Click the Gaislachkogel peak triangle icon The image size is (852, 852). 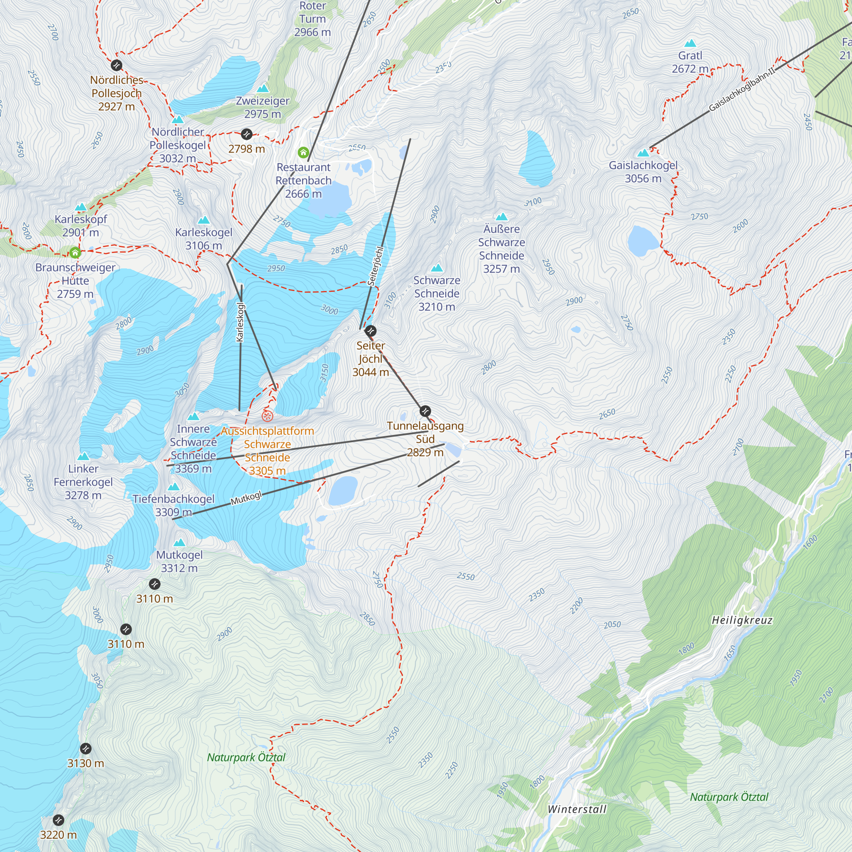pos(643,153)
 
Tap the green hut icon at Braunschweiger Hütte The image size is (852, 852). pos(75,253)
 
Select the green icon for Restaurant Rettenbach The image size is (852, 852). pos(303,153)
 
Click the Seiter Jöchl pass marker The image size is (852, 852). pos(371,331)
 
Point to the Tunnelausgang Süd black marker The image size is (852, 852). pos(425,411)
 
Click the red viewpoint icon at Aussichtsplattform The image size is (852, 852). pos(267,416)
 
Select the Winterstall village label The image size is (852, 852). pos(577,809)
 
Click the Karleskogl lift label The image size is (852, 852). pos(240,322)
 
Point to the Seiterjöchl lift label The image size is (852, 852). pos(376,266)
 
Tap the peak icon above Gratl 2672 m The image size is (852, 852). pos(690,43)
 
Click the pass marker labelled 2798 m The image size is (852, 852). pos(247,134)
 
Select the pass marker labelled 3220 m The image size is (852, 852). pos(58,820)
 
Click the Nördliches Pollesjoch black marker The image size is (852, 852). pos(116,65)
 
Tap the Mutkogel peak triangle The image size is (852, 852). pos(179,542)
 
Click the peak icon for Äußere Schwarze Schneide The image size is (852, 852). pos(501,216)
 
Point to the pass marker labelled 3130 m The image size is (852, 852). pos(86,748)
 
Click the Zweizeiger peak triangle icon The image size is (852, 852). pos(263,89)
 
